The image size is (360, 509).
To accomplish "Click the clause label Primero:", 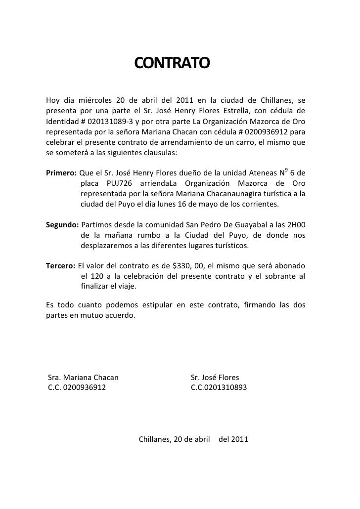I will click(61, 173).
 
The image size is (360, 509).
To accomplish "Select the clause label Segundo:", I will click(62, 225).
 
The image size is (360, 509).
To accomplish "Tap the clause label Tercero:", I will click(61, 266).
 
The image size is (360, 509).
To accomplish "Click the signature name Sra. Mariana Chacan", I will click(83, 378).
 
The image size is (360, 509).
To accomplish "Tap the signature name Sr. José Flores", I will click(215, 378).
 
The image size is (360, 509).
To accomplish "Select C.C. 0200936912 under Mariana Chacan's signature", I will click(77, 388).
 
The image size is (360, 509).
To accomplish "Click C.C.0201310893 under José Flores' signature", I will click(219, 388).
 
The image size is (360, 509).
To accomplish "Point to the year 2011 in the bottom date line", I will click(239, 439).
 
